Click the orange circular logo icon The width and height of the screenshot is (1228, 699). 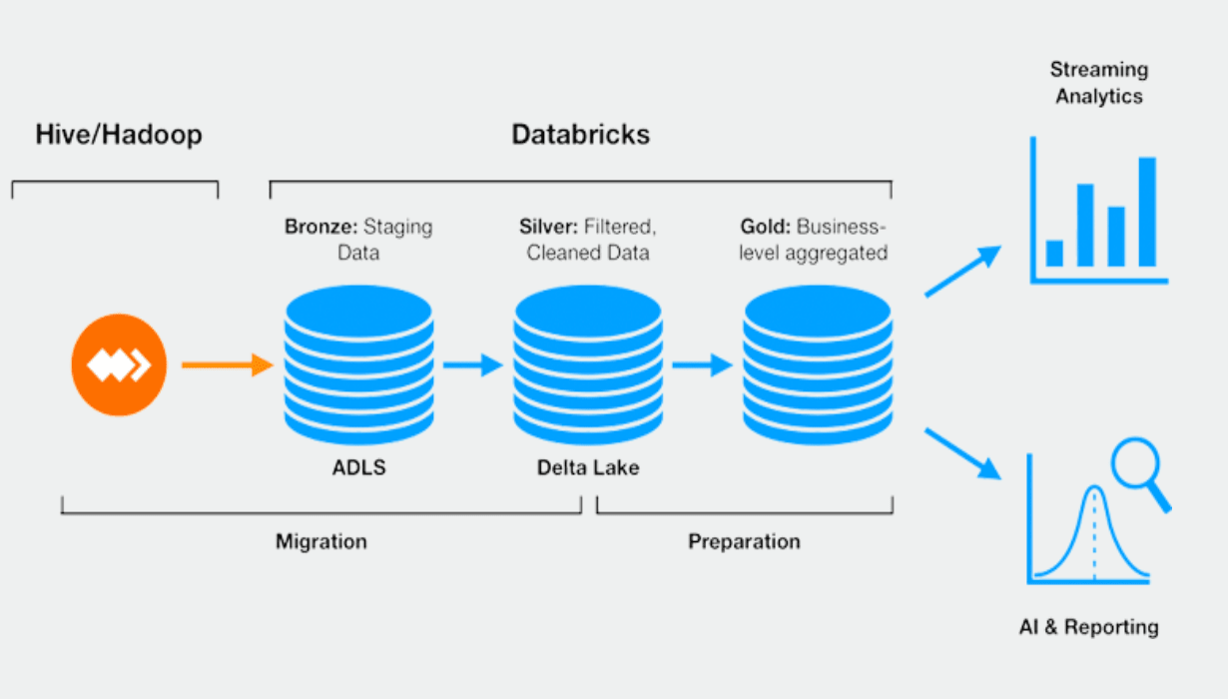point(119,365)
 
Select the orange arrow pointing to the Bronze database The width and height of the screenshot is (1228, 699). point(227,365)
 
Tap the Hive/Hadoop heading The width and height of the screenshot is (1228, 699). point(119,135)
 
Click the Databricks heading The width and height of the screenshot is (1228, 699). point(580,135)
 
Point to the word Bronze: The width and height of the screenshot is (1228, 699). point(319,227)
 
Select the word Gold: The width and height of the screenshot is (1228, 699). point(765,227)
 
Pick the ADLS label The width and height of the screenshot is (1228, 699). point(358,467)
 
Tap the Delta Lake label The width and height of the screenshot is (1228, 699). point(588,467)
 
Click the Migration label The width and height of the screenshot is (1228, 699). point(321,542)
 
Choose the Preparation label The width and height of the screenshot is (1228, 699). point(744,542)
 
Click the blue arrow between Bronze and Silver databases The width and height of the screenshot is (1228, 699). point(472,365)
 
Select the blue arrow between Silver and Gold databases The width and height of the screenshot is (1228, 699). point(702,365)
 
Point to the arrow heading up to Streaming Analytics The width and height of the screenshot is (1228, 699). point(962,271)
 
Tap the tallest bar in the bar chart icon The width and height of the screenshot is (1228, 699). point(1147,212)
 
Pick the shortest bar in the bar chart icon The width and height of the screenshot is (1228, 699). point(1054,253)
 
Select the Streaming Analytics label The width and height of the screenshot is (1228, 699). point(1098,83)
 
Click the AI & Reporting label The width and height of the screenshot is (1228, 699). point(1088,627)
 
